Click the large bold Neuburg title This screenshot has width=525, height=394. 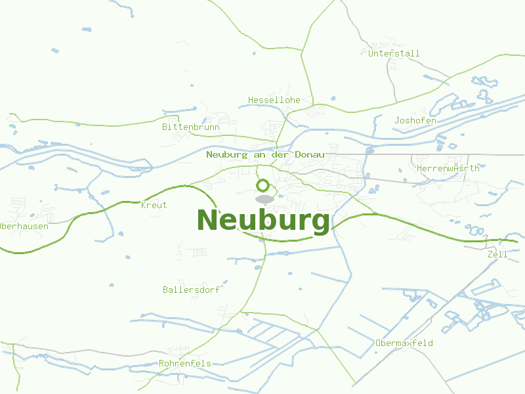click(x=263, y=221)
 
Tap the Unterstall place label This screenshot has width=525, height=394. click(x=394, y=53)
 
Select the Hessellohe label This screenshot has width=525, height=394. click(x=274, y=100)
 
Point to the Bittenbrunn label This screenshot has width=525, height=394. click(x=190, y=127)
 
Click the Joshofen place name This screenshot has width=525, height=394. click(x=415, y=120)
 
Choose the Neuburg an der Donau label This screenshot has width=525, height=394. click(x=265, y=154)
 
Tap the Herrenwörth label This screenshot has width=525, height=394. click(x=448, y=168)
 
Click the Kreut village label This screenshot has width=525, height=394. click(x=154, y=205)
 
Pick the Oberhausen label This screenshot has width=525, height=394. click(x=24, y=226)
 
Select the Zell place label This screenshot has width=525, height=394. click(x=497, y=253)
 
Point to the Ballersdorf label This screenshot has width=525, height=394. click(x=191, y=289)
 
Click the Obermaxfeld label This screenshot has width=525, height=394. click(x=404, y=343)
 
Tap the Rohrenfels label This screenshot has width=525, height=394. click(x=185, y=363)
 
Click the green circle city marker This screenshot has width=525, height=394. click(x=263, y=185)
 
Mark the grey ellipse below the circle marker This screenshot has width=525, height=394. click(x=264, y=199)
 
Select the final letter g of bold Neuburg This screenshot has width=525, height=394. click(x=320, y=223)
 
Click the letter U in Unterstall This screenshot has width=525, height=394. click(x=371, y=53)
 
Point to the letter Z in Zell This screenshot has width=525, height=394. click(x=490, y=253)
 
